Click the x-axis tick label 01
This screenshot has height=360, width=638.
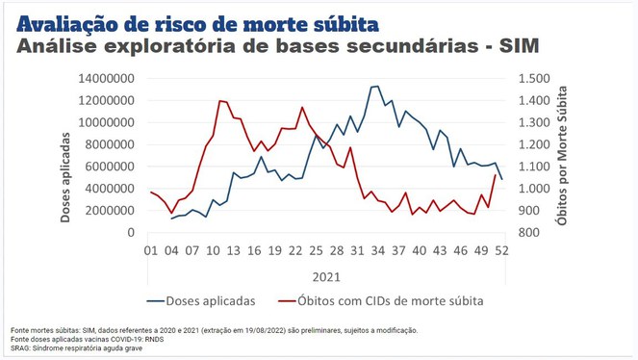click(150, 251)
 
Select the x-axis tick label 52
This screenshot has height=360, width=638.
click(501, 251)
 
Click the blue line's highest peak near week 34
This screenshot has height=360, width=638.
click(375, 87)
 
